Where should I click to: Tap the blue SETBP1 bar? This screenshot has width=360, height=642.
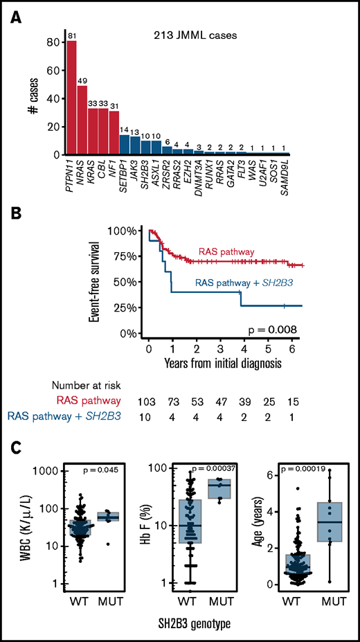click(x=124, y=145)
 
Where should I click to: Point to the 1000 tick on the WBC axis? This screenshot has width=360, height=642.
click(x=57, y=471)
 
